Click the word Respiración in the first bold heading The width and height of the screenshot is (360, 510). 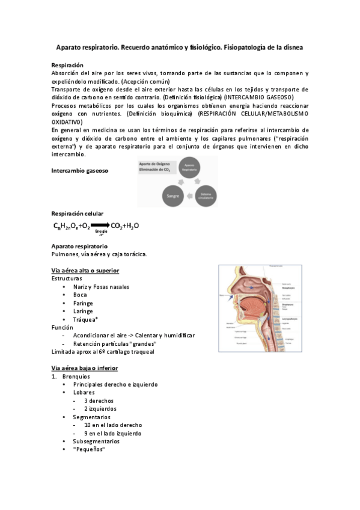point(67,65)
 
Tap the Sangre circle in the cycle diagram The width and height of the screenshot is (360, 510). point(173,195)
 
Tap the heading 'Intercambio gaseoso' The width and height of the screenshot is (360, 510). point(79,171)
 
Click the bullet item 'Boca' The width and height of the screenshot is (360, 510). point(80,295)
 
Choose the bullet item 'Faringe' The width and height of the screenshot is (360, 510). point(83,304)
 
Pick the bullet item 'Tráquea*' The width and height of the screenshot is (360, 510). point(85,319)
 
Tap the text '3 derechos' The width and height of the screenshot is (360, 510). point(99,401)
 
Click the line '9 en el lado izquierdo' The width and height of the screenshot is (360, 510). point(112,433)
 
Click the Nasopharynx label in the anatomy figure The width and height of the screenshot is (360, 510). point(291,289)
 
